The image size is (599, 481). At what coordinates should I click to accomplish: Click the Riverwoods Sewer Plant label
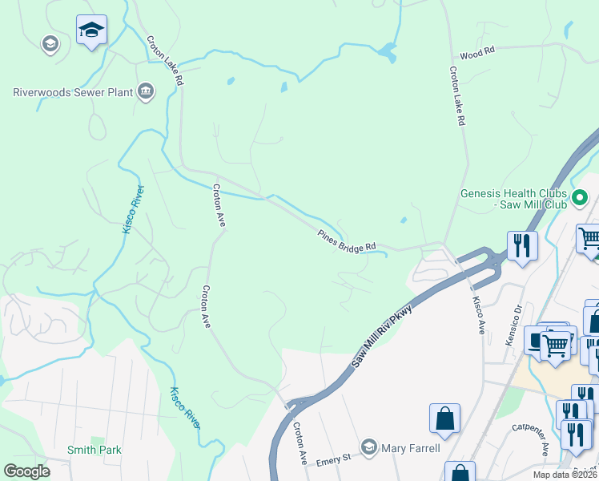[73, 92]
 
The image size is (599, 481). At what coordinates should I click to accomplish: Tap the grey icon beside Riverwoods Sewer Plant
[146, 92]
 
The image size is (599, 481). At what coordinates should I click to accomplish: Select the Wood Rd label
[478, 51]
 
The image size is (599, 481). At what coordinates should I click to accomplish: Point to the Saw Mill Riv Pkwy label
[382, 337]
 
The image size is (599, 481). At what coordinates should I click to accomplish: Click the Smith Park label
[94, 450]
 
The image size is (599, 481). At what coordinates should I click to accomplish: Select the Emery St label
[334, 459]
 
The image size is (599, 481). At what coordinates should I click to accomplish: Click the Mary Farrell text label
[411, 447]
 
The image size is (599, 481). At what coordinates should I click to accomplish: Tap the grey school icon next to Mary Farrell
[369, 447]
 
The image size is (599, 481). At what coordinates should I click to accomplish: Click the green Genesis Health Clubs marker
[580, 196]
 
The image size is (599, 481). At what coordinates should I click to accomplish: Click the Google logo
[27, 471]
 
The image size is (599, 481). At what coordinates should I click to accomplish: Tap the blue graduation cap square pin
[91, 30]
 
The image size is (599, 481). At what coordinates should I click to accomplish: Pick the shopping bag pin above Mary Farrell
[444, 418]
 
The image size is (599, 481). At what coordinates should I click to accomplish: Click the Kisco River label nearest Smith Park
[183, 407]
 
